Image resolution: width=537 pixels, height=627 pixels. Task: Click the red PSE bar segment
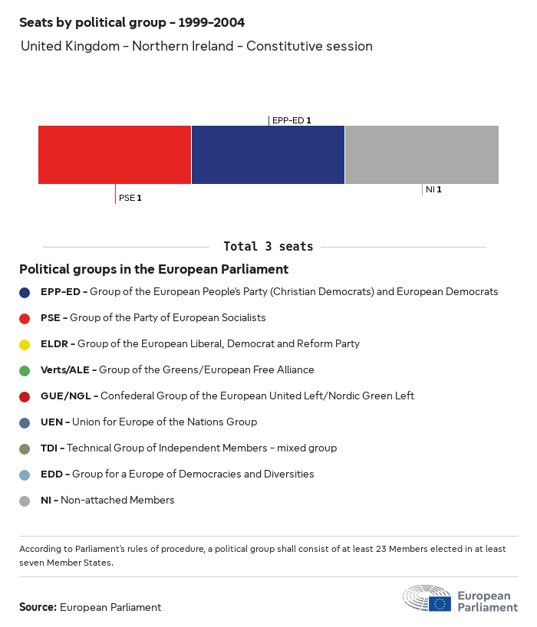114,154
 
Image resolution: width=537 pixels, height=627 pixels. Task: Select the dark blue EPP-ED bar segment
268,154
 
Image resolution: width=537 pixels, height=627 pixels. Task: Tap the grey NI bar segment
422,154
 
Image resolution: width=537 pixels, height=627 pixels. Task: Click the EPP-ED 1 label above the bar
291,120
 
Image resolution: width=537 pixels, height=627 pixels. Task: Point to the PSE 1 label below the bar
130,198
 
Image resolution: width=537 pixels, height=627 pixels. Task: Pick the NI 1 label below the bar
433,189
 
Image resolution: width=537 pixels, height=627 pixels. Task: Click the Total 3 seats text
268,247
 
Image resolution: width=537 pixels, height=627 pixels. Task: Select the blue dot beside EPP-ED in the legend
25,292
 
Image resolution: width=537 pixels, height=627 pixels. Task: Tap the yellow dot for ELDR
25,344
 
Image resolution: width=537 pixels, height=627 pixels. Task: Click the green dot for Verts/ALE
25,370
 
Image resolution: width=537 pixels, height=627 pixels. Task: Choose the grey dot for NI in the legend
25,501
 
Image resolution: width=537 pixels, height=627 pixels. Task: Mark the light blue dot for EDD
25,474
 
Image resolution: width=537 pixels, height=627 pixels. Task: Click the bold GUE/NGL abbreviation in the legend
67,396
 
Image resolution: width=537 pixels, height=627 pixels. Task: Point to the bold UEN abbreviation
52,422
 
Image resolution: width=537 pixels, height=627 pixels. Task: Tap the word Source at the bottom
37,607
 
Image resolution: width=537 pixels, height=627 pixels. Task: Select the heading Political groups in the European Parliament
153,270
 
